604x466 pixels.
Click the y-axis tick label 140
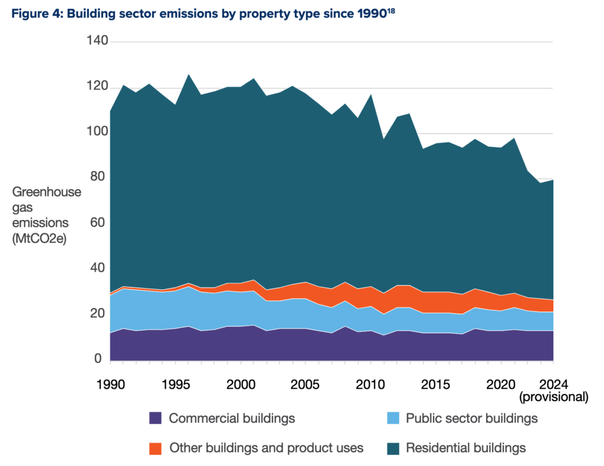(97, 41)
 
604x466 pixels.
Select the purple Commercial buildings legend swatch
(155, 418)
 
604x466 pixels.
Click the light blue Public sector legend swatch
(392, 418)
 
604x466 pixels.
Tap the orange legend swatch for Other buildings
(155, 448)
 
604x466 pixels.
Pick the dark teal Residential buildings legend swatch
(392, 448)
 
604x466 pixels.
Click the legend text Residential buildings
(465, 448)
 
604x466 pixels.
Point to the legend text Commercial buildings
(232, 418)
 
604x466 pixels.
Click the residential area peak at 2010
(371, 95)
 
